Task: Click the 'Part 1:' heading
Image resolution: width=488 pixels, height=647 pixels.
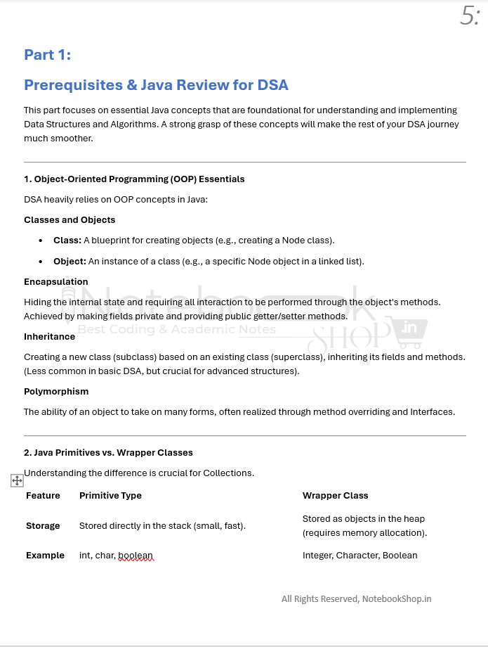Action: click(47, 55)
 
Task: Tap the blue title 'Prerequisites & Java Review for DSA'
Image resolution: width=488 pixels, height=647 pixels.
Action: click(156, 85)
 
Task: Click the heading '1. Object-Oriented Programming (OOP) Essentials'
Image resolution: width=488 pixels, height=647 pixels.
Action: click(134, 179)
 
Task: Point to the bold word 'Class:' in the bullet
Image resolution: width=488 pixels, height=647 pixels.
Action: click(67, 241)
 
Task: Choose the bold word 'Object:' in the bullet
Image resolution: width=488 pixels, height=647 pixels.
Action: click(70, 262)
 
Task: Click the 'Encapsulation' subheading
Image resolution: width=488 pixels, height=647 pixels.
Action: click(56, 282)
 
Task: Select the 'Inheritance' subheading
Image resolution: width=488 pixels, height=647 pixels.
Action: click(50, 337)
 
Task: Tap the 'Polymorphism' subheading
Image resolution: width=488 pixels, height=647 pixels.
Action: click(56, 392)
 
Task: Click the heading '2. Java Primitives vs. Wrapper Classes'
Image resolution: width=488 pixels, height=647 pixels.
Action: click(108, 453)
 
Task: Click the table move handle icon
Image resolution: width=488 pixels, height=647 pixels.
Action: click(18, 480)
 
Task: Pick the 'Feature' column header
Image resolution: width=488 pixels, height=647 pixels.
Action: click(43, 496)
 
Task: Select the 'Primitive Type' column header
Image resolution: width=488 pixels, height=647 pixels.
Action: click(110, 496)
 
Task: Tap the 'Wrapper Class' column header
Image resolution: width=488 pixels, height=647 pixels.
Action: click(335, 496)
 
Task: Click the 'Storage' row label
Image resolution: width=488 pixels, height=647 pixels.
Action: click(43, 526)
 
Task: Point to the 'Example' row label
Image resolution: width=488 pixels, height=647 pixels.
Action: click(45, 556)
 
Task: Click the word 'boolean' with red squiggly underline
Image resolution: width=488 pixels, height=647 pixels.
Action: click(135, 556)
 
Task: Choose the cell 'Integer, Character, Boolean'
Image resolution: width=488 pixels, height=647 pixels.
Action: click(360, 556)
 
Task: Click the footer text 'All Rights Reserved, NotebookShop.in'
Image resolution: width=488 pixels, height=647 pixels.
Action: click(356, 599)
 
